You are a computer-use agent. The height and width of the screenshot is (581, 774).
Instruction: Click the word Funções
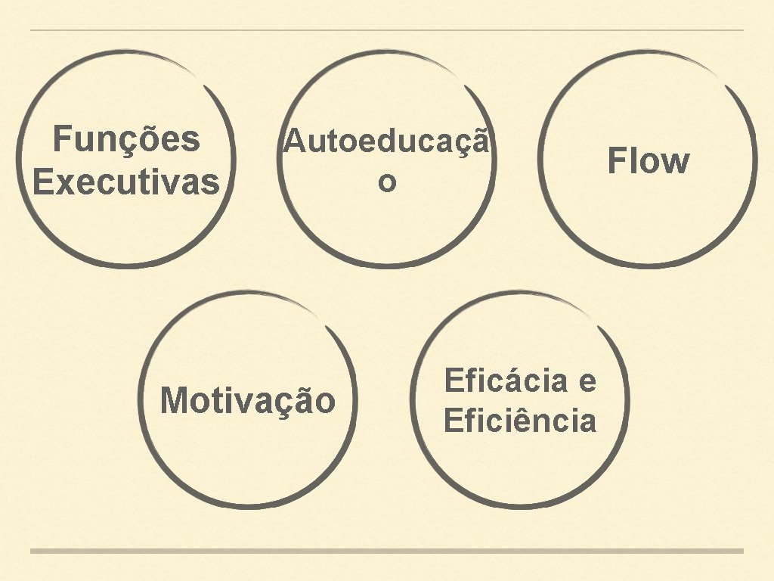pos(126,140)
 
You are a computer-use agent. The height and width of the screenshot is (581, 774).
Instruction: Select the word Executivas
pos(126,183)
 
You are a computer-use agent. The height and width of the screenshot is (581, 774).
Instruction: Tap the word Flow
pos(649,162)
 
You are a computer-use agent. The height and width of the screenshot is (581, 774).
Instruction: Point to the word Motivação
pos(248,400)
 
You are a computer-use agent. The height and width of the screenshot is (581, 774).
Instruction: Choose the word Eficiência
pos(520,421)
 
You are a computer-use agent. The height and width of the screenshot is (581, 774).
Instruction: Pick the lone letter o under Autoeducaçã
pos(386,183)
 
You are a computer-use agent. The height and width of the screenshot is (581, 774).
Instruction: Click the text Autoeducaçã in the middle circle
pos(386,141)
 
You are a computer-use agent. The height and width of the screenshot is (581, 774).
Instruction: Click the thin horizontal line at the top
pos(387,30)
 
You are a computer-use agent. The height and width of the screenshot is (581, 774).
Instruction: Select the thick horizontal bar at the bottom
pos(387,551)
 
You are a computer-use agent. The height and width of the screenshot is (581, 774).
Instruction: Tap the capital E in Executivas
pos(42,183)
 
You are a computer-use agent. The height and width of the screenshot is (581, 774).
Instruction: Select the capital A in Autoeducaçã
pos(293,141)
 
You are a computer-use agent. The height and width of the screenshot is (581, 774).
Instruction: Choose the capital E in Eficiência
pos(452,421)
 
